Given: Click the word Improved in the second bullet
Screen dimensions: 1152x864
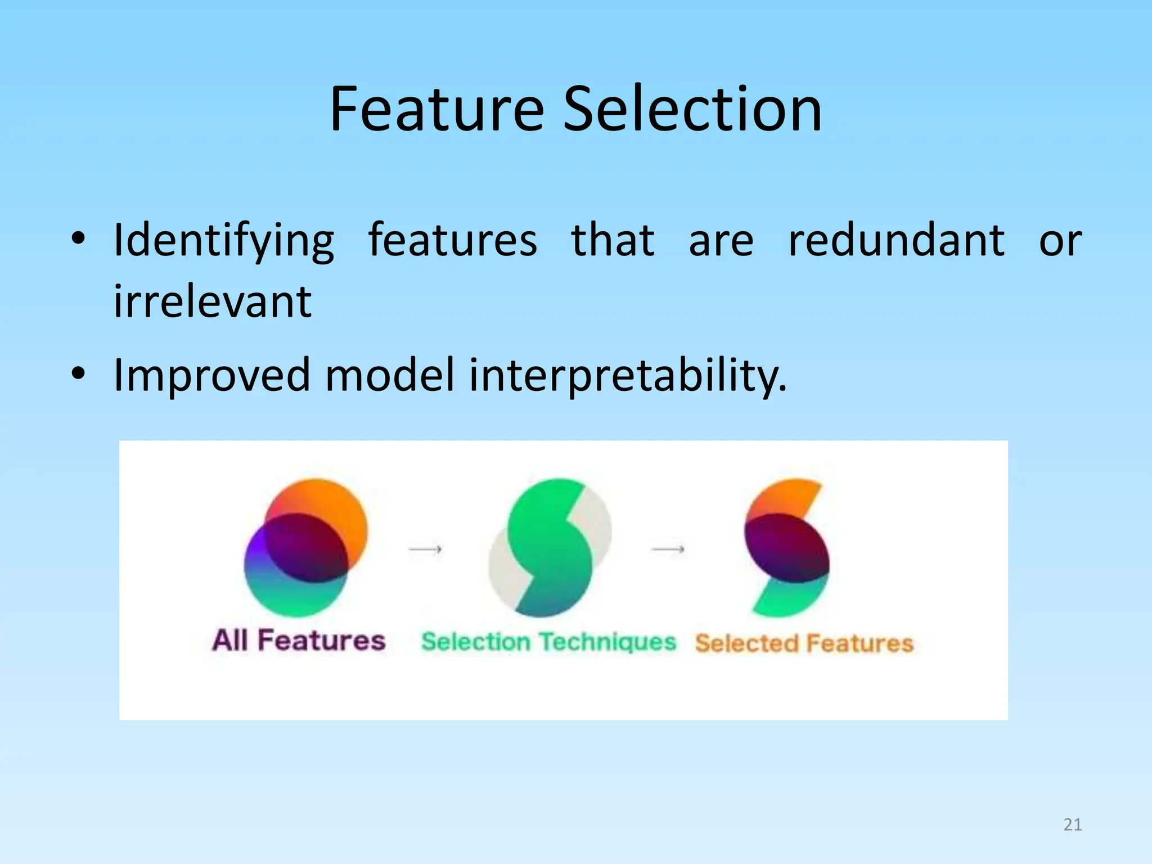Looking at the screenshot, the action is click(212, 375).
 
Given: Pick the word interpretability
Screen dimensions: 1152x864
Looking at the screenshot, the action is click(628, 375).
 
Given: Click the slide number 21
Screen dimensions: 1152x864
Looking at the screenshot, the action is click(1073, 825).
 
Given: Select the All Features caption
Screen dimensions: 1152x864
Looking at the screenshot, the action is click(299, 640).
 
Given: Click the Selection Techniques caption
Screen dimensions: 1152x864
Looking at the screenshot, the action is click(548, 642).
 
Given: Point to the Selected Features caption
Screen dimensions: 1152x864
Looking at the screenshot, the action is click(804, 643).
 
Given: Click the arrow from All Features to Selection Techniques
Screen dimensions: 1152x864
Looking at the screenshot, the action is click(425, 548).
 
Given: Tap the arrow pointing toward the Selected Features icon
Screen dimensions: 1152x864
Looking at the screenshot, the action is click(668, 548).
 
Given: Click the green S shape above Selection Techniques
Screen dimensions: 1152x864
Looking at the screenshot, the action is click(550, 547).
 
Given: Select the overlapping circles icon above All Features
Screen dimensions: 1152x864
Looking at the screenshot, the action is click(306, 547).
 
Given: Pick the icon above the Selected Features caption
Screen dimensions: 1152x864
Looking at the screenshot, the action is click(787, 547).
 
